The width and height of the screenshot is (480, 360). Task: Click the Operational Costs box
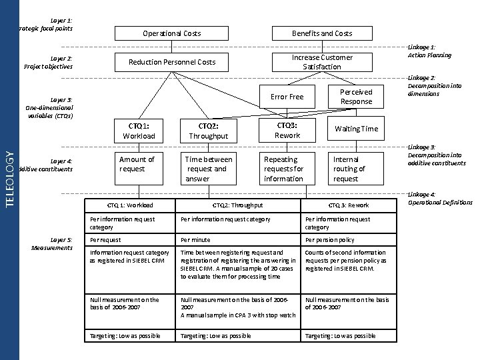pyautogui.click(x=171, y=33)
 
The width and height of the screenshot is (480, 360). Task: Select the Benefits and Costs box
pyautogui.click(x=322, y=33)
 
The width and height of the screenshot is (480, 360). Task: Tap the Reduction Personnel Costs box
pyautogui.click(x=172, y=62)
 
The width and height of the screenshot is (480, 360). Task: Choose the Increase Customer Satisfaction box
pyautogui.click(x=322, y=62)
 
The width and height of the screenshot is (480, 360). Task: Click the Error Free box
pyautogui.click(x=287, y=97)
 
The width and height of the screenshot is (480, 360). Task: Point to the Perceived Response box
pyautogui.click(x=356, y=97)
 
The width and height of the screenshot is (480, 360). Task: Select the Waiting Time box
pyautogui.click(x=356, y=129)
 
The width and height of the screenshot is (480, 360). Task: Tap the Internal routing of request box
pyautogui.click(x=356, y=169)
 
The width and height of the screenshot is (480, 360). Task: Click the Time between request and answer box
pyautogui.click(x=209, y=169)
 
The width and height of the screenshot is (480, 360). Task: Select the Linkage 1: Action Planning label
pyautogui.click(x=429, y=51)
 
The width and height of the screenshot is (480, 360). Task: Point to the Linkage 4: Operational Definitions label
pyautogui.click(x=440, y=199)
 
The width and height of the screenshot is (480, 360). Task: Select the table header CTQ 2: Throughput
pyautogui.click(x=237, y=205)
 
